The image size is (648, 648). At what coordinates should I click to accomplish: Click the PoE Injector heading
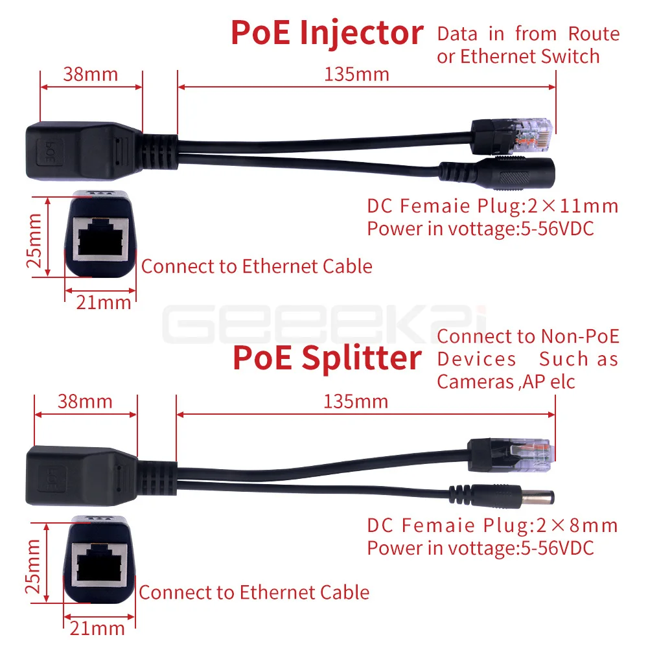coord(327,33)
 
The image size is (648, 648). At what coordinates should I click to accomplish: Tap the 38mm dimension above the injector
coord(91,74)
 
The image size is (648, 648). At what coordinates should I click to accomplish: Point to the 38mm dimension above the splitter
coord(86,401)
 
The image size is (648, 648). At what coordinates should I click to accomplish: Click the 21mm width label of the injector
coord(104,302)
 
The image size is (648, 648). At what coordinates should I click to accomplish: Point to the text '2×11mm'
coord(572,207)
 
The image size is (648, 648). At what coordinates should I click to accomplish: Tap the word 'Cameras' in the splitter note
coord(476,382)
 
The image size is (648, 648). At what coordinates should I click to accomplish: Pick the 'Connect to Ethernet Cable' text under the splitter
coord(254,592)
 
